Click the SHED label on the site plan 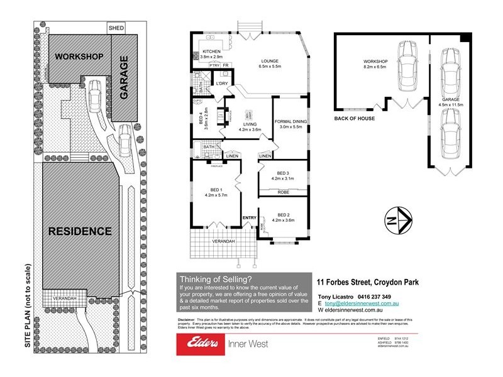pyautogui.click(x=116, y=28)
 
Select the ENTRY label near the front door pyautogui.click(x=250, y=217)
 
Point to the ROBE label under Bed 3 pyautogui.click(x=283, y=192)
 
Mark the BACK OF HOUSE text pyautogui.click(x=354, y=118)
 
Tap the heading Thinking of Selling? pyautogui.click(x=216, y=279)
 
